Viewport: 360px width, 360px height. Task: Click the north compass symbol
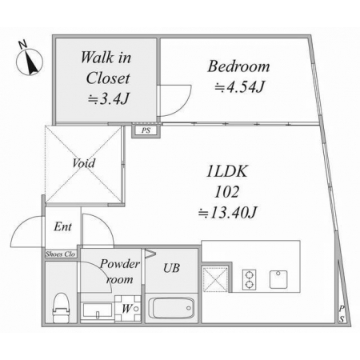[x=30, y=62]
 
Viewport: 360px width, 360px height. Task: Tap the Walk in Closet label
[x=106, y=68]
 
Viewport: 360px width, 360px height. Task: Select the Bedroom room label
[x=238, y=66]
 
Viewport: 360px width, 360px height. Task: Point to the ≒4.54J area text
[x=239, y=86]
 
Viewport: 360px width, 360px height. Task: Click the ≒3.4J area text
[x=109, y=99]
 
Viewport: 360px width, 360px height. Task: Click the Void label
[x=84, y=163]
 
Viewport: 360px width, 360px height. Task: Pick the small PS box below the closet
[x=146, y=131]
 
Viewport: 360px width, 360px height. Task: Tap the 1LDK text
[x=227, y=171]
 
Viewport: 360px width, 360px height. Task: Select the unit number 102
[x=227, y=192]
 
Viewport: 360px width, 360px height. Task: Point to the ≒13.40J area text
[x=227, y=213]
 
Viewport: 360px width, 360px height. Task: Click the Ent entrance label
[x=63, y=227]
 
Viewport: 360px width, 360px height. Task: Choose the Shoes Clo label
[x=60, y=254]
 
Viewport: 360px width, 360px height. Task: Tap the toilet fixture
[x=62, y=308]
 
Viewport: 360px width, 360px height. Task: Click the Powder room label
[x=120, y=271]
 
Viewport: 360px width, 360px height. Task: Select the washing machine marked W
[x=128, y=309]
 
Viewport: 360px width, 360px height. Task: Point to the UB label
[x=171, y=268]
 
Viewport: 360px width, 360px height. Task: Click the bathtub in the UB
[x=171, y=308]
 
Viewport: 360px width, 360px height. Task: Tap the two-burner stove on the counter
[x=250, y=280]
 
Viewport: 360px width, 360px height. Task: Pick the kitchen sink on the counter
[x=278, y=279]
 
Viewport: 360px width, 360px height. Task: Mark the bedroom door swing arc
[x=182, y=107]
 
